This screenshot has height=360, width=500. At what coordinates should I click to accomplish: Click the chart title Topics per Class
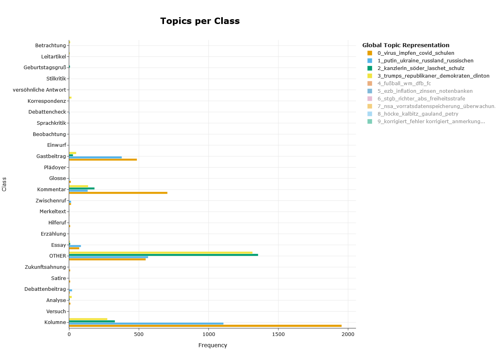(200, 21)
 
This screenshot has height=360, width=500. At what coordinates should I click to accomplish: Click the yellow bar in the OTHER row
(160, 252)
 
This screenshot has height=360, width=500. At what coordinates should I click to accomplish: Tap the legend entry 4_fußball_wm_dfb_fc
(404, 84)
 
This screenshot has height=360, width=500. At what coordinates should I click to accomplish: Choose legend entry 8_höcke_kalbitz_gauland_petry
(418, 114)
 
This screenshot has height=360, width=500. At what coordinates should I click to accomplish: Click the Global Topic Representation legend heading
(406, 45)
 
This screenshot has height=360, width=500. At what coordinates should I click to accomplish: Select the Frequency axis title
(212, 345)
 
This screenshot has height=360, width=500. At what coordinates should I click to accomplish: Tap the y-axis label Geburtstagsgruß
(45, 68)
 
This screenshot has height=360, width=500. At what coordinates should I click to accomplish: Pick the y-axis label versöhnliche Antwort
(39, 90)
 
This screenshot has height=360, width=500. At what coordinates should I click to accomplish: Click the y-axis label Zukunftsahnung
(45, 267)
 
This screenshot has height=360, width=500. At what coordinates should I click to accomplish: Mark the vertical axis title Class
(4, 184)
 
